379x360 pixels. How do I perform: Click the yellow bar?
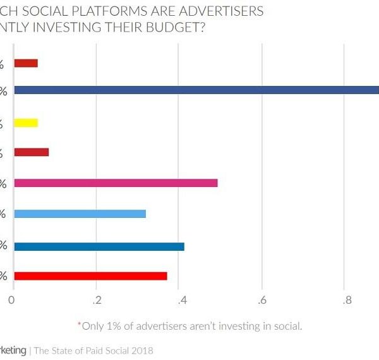26,123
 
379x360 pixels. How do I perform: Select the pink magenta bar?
116,183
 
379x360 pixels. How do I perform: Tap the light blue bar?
80,213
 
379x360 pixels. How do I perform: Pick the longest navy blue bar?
196,90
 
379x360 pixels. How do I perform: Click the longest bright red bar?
90,275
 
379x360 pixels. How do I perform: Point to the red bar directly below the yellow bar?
31,152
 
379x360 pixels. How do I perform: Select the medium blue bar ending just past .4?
99,246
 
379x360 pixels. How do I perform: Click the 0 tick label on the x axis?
12,301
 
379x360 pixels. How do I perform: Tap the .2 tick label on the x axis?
96,301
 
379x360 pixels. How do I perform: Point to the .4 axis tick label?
179,301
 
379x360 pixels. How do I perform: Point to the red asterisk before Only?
80,325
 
